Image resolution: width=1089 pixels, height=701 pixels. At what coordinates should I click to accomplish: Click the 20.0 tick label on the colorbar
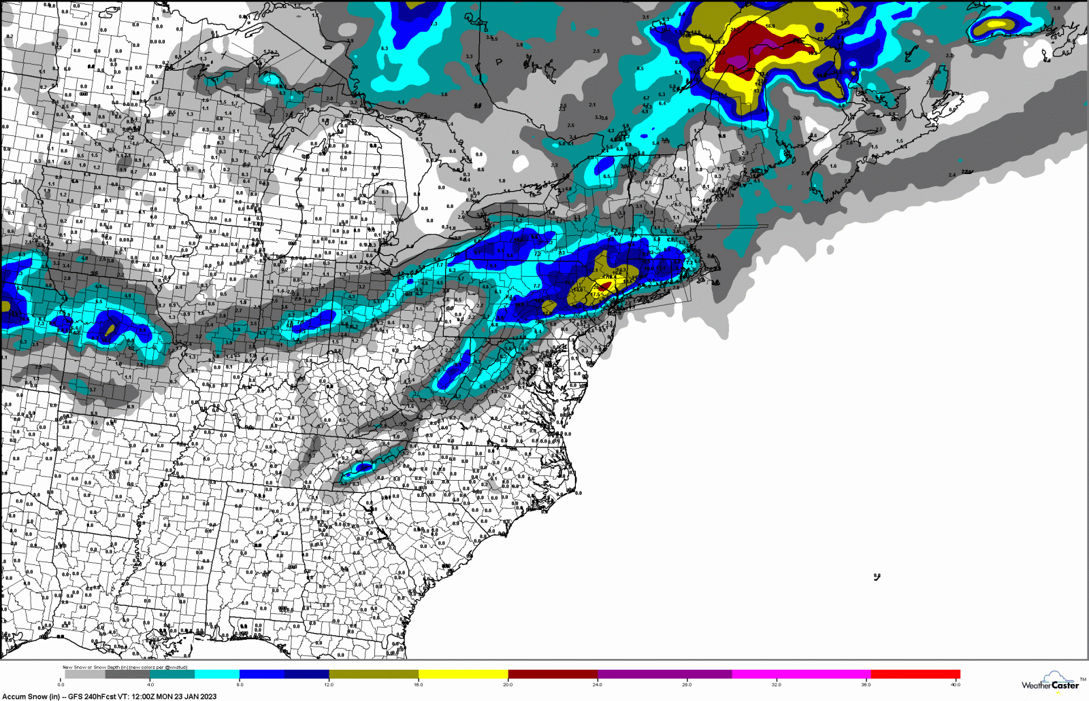pyautogui.click(x=508, y=685)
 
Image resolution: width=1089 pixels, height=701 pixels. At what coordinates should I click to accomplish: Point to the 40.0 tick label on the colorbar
pyautogui.click(x=955, y=685)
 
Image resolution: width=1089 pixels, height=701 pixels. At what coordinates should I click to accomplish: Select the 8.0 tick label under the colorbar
pyautogui.click(x=240, y=685)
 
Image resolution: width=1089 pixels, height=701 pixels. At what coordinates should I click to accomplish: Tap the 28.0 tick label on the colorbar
pyautogui.click(x=687, y=685)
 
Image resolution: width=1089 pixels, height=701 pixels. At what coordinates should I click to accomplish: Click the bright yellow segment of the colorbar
pyautogui.click(x=463, y=674)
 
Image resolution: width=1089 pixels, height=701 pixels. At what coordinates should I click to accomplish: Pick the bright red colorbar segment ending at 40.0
pyautogui.click(x=915, y=674)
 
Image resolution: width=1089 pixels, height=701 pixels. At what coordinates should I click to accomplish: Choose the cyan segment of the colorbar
pyautogui.click(x=217, y=674)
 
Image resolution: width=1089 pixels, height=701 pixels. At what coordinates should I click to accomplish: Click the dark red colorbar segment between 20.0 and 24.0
pyautogui.click(x=553, y=674)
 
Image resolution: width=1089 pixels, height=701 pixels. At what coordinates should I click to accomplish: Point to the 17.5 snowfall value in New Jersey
pyautogui.click(x=597, y=294)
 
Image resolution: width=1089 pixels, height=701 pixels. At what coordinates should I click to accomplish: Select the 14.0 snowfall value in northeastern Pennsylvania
pyautogui.click(x=578, y=289)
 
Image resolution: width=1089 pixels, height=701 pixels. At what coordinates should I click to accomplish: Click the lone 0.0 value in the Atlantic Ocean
pyautogui.click(x=877, y=577)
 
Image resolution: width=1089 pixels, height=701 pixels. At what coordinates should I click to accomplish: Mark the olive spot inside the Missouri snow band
pyautogui.click(x=110, y=329)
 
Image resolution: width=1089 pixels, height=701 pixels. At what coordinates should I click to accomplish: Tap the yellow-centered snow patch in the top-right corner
pyautogui.click(x=995, y=25)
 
